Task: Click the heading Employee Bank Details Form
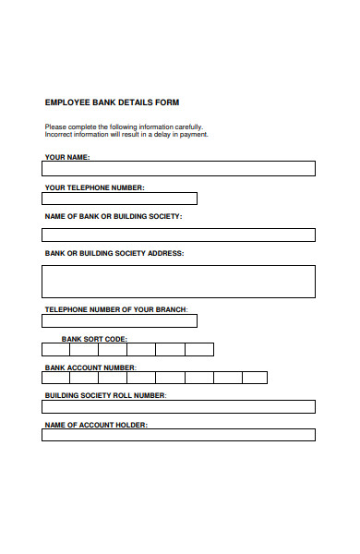tap(112, 102)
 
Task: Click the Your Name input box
tap(178, 169)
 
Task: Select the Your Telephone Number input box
tap(119, 199)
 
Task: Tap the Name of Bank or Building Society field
tap(178, 235)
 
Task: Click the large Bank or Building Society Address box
tap(178, 282)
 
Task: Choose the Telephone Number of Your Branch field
tap(119, 321)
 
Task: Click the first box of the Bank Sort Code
tap(55, 349)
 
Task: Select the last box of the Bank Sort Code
tap(198, 349)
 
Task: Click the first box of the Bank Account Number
tap(55, 378)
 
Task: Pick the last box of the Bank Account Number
tap(255, 378)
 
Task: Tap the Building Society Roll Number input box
tap(178, 406)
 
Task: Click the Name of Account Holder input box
tap(178, 435)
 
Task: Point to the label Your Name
tap(67, 158)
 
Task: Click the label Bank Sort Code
tap(94, 339)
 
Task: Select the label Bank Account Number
tap(90, 367)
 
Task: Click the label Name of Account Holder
tap(96, 425)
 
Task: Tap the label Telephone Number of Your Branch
tap(115, 308)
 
